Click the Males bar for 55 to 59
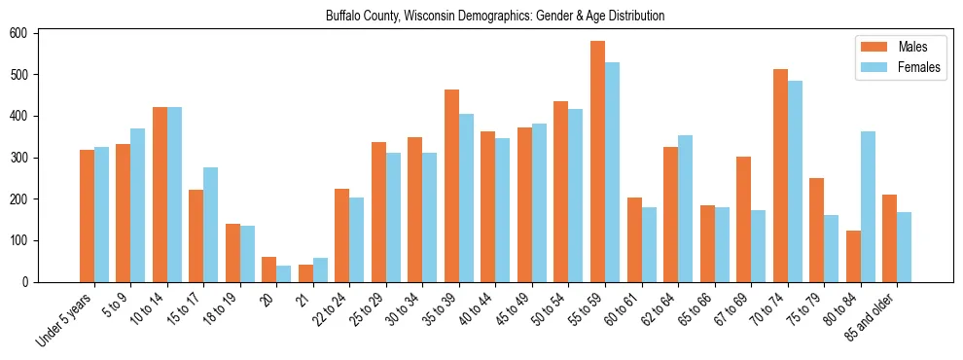597,162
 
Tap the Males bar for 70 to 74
780,175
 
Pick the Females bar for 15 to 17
210,225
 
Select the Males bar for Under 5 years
87,216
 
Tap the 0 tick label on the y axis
31,282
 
